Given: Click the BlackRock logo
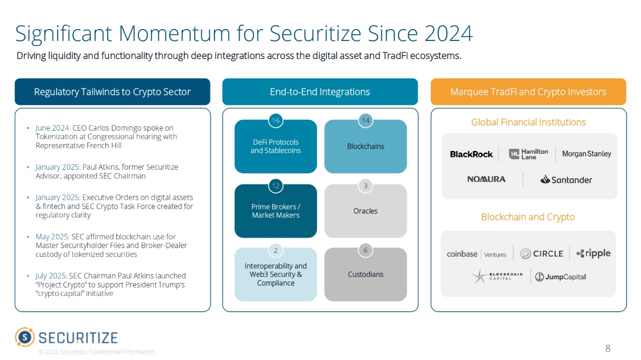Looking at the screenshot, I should click(x=471, y=154).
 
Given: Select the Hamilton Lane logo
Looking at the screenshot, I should click(x=528, y=154).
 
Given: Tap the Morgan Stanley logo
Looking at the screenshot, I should click(x=586, y=154).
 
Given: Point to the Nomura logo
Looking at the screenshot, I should click(x=486, y=179).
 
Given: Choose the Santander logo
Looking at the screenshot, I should click(x=566, y=180).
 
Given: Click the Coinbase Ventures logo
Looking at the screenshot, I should click(x=476, y=254).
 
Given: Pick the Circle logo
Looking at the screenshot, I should click(x=541, y=253).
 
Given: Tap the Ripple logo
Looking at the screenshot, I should click(x=593, y=253).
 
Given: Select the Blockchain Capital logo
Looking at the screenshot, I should click(x=497, y=277).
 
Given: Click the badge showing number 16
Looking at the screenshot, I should click(x=275, y=121).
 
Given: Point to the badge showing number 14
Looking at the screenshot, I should click(x=365, y=121).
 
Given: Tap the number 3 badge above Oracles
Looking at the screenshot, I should click(x=365, y=186).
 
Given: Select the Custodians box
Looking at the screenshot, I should click(x=365, y=274).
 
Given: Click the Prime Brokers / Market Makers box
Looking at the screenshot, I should click(x=276, y=211).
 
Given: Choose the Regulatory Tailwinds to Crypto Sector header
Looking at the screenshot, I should click(x=112, y=92).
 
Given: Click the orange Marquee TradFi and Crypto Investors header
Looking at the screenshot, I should click(x=528, y=92).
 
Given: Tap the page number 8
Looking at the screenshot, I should click(x=607, y=349).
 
